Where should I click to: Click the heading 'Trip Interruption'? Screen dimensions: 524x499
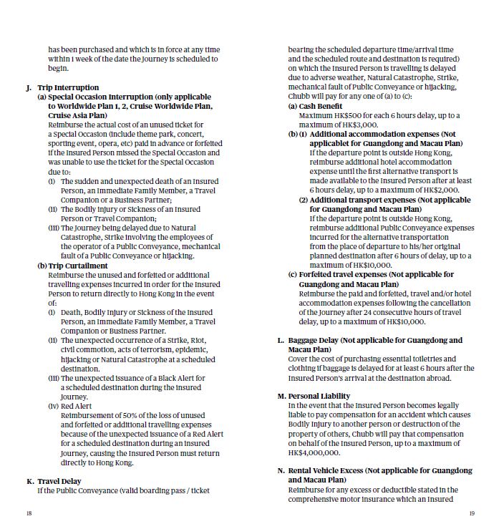click(x=68, y=87)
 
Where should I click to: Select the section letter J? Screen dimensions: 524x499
click(x=29, y=87)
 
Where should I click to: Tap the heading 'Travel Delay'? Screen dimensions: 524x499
click(x=59, y=481)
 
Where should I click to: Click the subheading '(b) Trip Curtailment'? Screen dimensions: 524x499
click(x=72, y=266)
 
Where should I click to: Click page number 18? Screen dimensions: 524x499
click(x=29, y=513)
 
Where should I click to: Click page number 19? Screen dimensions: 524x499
click(x=472, y=513)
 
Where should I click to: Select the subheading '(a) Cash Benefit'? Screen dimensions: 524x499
click(x=315, y=106)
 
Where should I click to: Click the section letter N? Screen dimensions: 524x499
click(x=281, y=471)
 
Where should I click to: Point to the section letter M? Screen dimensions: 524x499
click(x=281, y=396)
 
